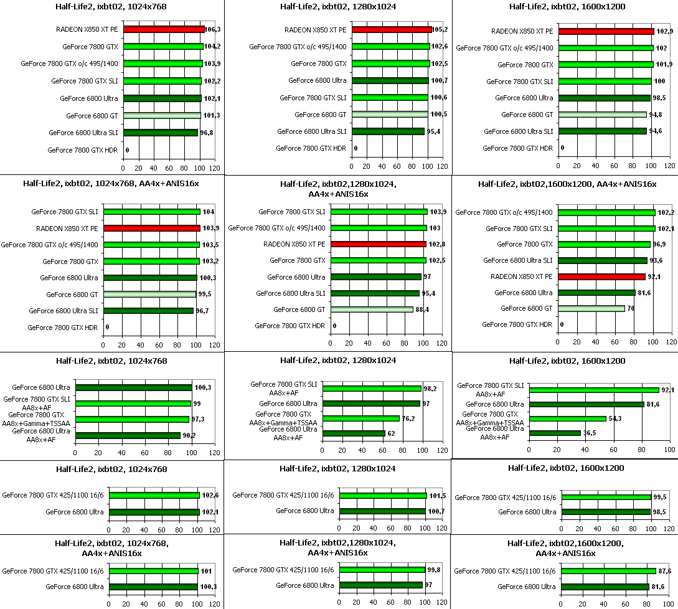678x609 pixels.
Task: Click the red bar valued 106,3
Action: coord(164,29)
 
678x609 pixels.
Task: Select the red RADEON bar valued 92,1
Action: coord(602,276)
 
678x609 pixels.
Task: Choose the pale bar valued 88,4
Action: coord(382,309)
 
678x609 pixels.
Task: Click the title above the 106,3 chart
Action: coord(111,7)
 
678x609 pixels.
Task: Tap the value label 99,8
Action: coord(435,569)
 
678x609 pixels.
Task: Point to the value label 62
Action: coord(391,433)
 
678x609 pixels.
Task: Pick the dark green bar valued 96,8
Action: coord(160,133)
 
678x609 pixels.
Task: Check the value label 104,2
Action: coord(212,46)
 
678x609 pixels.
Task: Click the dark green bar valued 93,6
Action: coord(603,260)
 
